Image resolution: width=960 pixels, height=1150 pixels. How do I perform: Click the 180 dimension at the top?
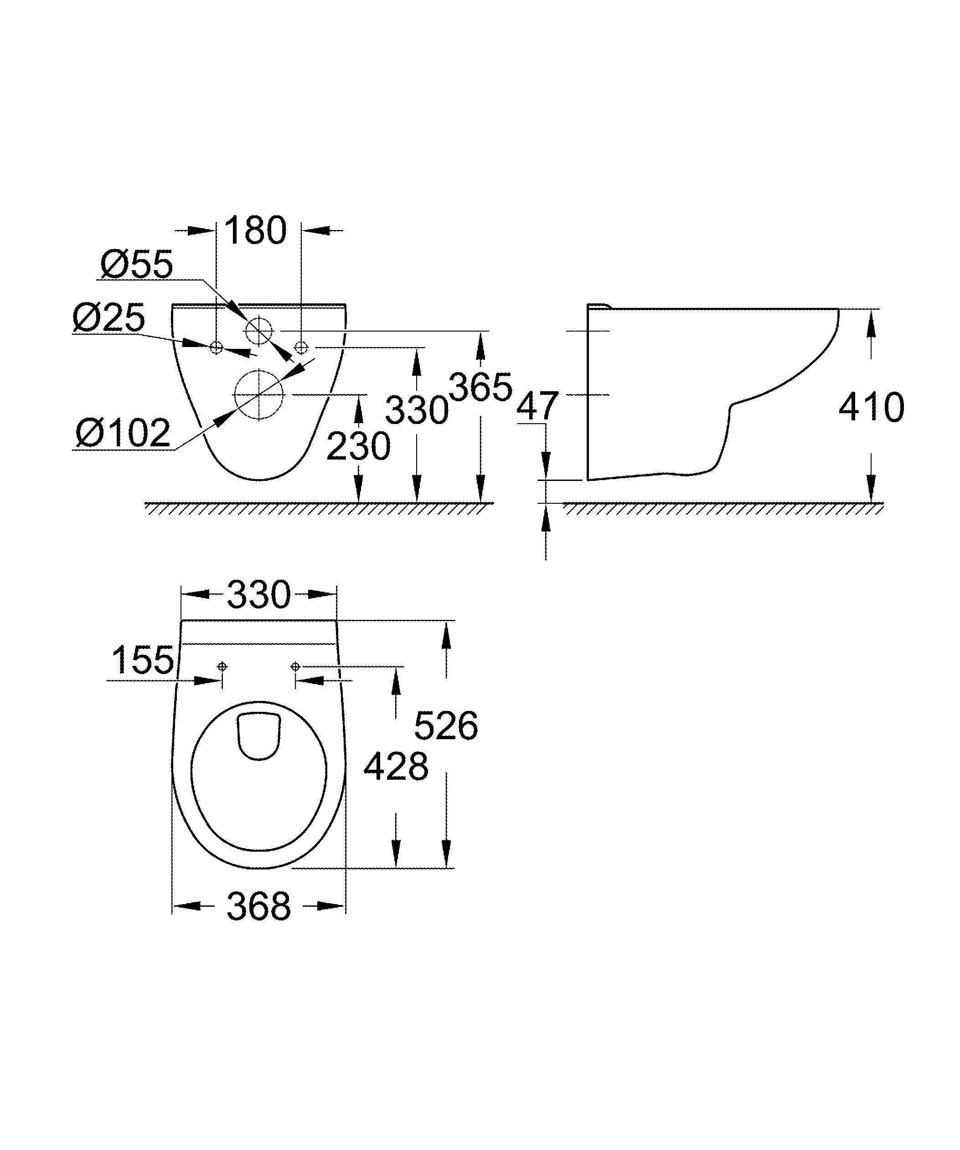click(255, 230)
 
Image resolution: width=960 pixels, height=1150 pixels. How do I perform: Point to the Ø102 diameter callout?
click(123, 433)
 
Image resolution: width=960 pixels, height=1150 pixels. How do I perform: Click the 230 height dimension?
click(358, 446)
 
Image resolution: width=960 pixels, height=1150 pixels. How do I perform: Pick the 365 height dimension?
click(480, 387)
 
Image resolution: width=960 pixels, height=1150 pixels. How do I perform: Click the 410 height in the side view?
click(871, 408)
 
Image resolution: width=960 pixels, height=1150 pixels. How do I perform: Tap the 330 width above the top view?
click(258, 595)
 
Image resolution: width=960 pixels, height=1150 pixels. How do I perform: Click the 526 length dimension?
click(446, 726)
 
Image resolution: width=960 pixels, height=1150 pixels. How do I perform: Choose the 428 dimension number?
click(396, 767)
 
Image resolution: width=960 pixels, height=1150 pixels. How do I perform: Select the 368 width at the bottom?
click(258, 907)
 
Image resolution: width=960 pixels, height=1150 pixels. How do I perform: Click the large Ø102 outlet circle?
click(258, 394)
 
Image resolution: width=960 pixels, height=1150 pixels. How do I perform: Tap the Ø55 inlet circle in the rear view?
click(258, 331)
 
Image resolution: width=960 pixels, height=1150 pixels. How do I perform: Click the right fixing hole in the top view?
click(295, 666)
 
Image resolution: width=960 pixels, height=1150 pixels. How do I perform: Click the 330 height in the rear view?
click(417, 410)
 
